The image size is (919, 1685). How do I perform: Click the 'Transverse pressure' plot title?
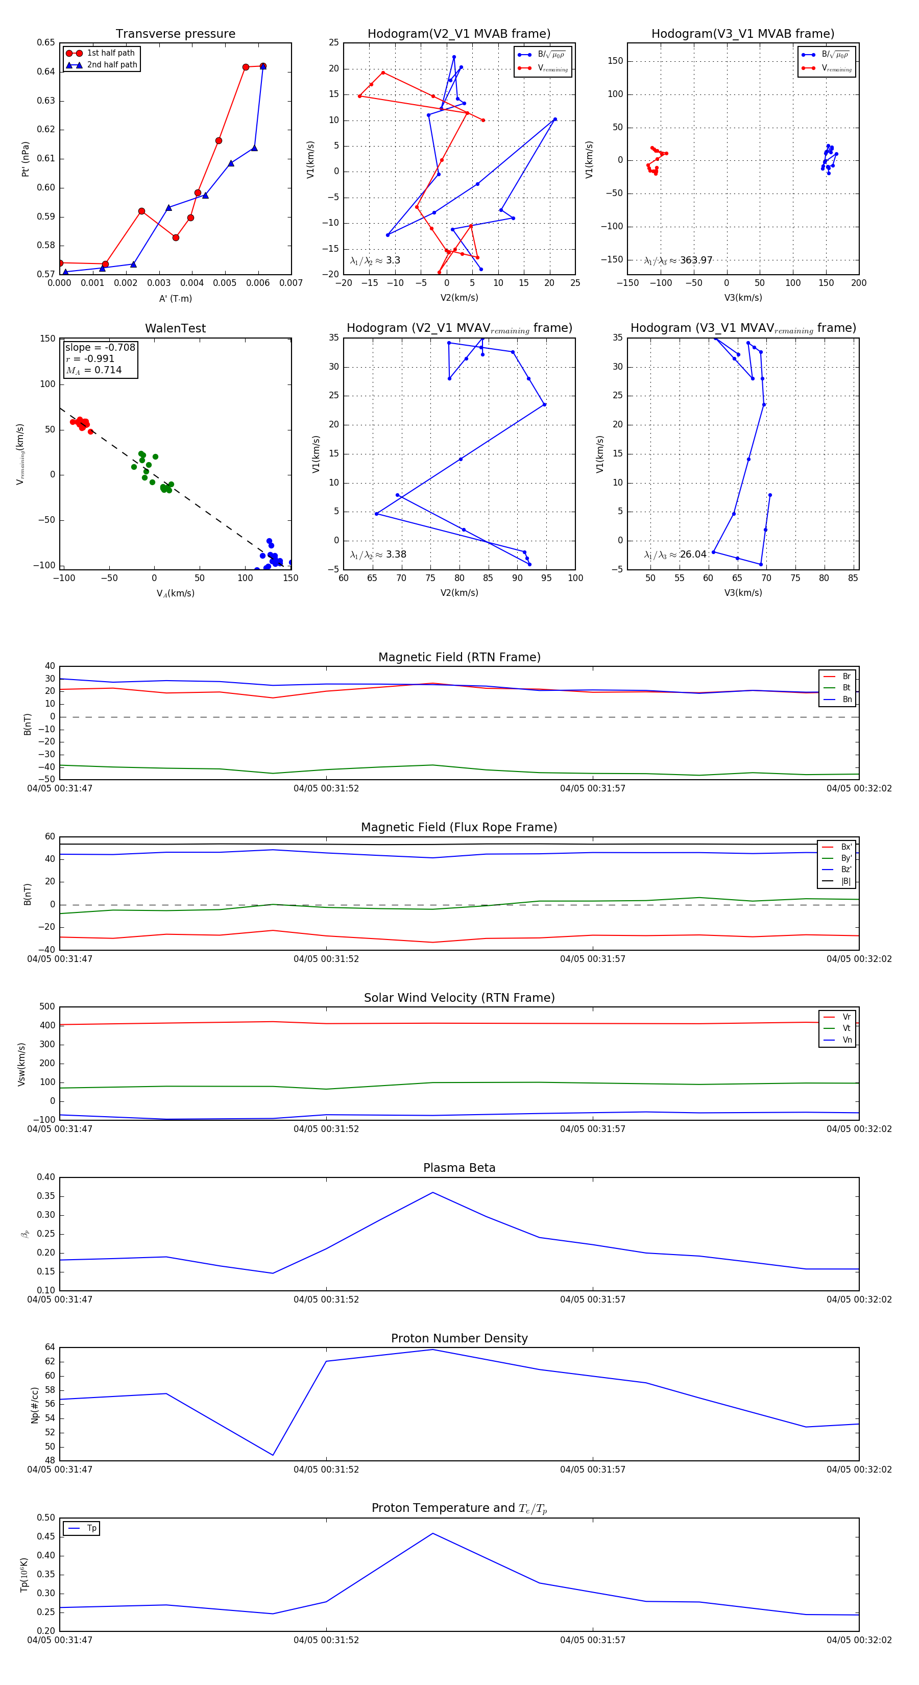175,34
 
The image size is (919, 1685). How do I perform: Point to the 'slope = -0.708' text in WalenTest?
100,347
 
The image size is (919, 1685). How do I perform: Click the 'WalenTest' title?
175,328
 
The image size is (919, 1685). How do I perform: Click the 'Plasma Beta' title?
459,1168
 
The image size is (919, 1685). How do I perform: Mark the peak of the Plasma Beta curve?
432,1192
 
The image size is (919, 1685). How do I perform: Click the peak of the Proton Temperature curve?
432,1533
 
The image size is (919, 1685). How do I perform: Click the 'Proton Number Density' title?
459,1338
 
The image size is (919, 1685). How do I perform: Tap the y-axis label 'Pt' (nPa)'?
26,159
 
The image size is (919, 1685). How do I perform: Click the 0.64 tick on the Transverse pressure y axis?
46,71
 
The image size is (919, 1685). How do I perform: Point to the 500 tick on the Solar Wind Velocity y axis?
47,1007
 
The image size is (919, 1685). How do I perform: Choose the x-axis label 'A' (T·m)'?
175,298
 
